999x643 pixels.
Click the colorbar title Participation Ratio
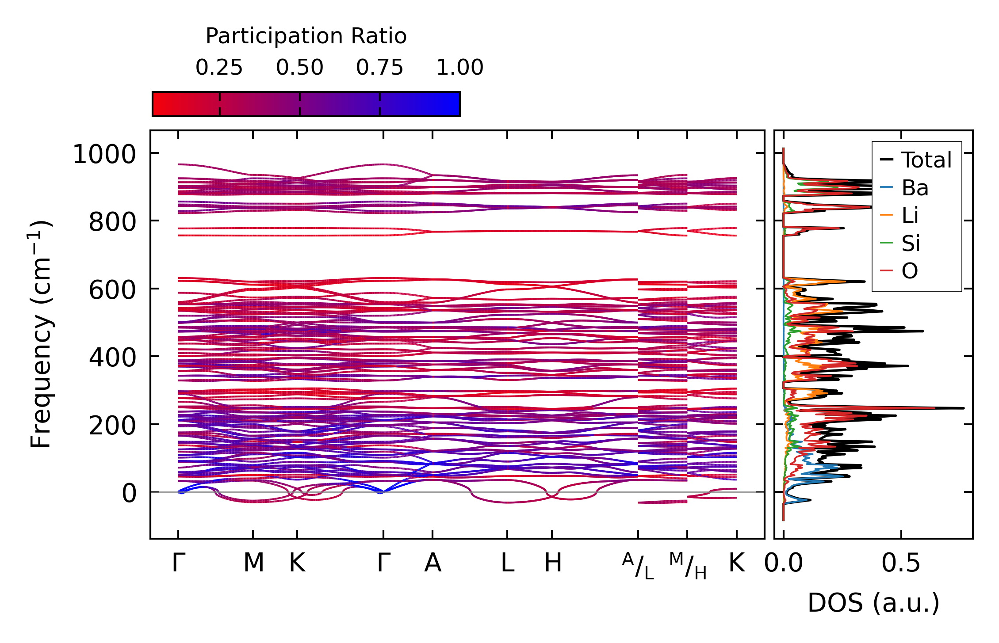pos(306,36)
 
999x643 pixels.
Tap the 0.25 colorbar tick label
pos(219,68)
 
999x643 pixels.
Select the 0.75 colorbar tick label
pos(380,68)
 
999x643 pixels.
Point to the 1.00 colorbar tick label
pos(460,68)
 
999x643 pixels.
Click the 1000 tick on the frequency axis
pos(104,155)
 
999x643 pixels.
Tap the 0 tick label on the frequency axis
pos(129,494)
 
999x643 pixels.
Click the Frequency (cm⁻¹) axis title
pos(41,334)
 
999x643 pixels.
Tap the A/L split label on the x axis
pos(638,566)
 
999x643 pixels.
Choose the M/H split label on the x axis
pos(688,566)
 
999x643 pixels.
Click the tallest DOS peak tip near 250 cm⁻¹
pos(963,408)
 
